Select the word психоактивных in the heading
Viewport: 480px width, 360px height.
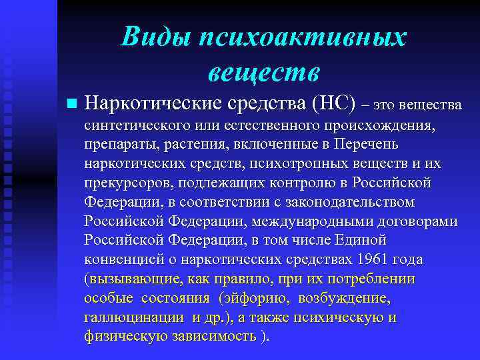(301, 37)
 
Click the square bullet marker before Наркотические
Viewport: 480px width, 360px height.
(71, 104)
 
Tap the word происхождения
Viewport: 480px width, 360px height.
(379, 125)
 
